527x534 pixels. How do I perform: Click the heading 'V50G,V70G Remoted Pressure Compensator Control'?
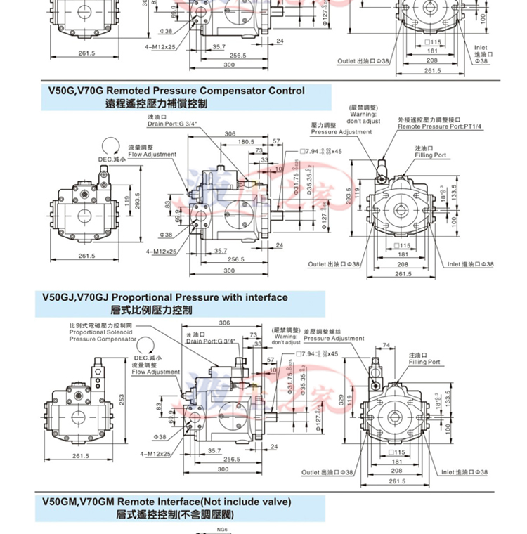tap(176, 91)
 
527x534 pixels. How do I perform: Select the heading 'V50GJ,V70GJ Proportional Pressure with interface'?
tap(165, 297)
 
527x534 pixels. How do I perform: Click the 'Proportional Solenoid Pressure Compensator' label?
tap(102, 332)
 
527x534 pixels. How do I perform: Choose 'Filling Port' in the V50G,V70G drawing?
tap(430, 155)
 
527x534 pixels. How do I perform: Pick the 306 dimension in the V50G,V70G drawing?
tap(229, 133)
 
